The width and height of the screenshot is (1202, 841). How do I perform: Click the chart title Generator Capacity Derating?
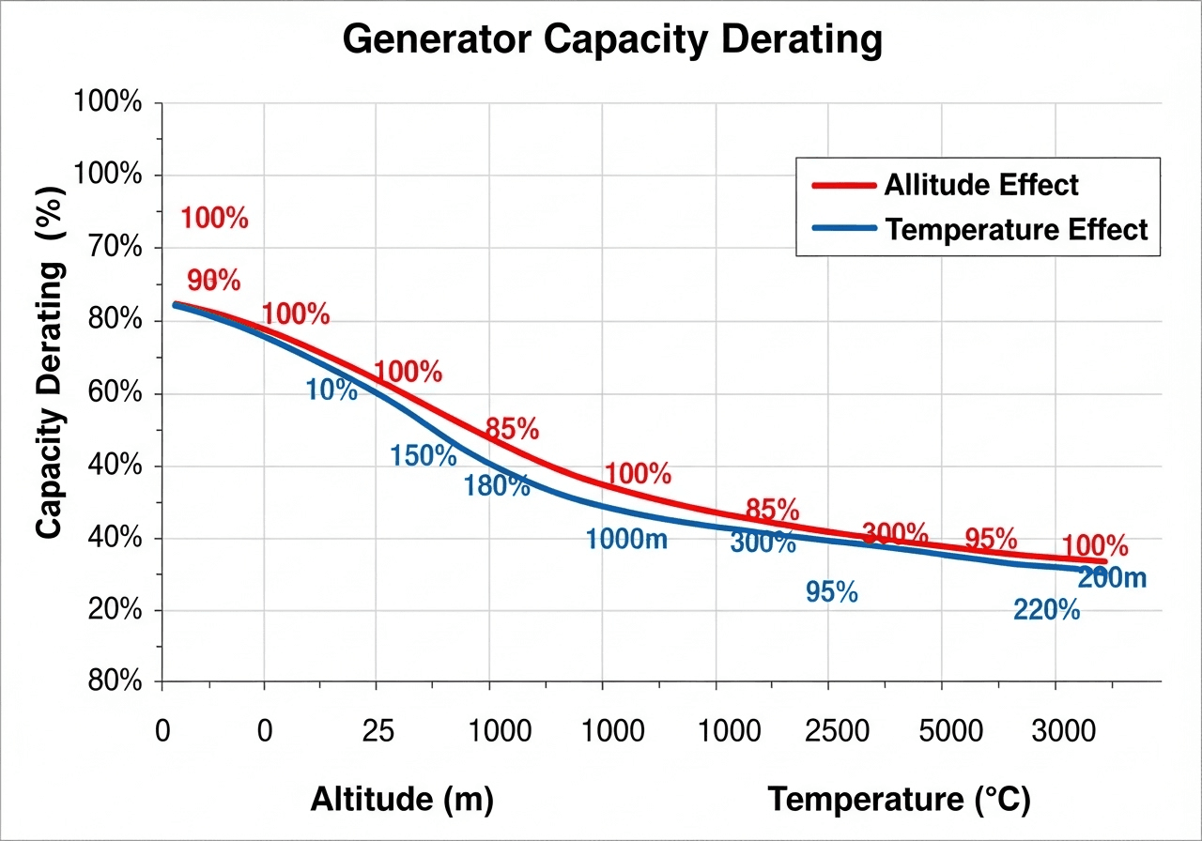611,40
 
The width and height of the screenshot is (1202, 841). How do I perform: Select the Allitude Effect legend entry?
980,185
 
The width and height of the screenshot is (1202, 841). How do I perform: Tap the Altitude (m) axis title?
402,800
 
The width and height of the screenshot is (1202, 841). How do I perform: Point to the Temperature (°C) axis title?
899,800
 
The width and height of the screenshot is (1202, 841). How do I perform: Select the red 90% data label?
214,281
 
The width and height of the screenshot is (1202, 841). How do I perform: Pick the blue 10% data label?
331,390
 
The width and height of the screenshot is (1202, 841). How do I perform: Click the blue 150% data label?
424,457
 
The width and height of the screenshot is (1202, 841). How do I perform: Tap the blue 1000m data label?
626,540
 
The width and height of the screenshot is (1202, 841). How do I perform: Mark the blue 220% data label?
1047,610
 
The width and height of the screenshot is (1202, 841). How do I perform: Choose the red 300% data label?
895,534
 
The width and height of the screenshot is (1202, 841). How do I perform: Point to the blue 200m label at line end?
1113,578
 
